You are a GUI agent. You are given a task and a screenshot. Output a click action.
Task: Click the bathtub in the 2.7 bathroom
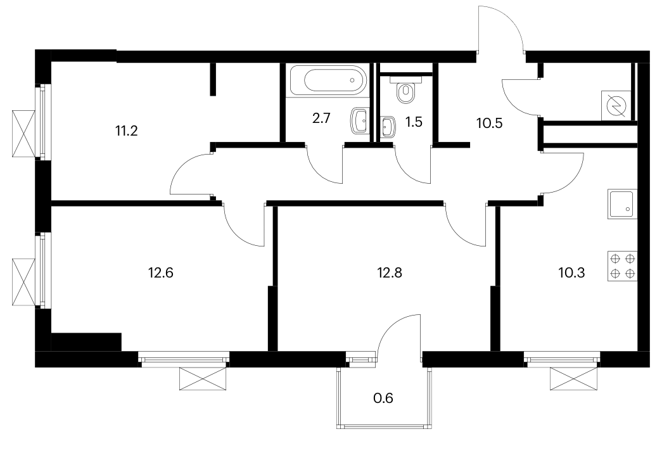(x=328, y=80)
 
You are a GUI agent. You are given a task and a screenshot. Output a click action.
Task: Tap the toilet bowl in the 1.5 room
(x=405, y=91)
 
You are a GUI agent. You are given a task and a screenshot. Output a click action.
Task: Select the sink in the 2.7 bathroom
(x=360, y=121)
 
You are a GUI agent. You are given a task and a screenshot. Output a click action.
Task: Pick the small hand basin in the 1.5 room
(x=388, y=127)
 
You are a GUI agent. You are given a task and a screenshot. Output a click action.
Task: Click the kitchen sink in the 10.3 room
(x=622, y=204)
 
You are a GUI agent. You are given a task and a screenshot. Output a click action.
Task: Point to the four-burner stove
(x=622, y=266)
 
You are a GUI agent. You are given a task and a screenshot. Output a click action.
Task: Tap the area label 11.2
(x=126, y=131)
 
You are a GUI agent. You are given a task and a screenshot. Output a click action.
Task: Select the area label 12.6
(x=160, y=272)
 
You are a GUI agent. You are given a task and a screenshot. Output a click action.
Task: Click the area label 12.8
(x=390, y=272)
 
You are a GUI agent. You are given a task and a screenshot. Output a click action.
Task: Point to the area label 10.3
(x=571, y=272)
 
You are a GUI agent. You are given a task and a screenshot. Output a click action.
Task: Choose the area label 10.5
(x=489, y=124)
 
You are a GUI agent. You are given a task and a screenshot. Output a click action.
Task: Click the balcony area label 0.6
(x=383, y=398)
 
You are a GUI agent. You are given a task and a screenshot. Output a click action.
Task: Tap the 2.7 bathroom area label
(x=321, y=118)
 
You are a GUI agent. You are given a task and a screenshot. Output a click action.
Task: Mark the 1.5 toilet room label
(x=414, y=122)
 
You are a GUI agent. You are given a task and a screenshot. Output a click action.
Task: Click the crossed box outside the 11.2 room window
(x=23, y=134)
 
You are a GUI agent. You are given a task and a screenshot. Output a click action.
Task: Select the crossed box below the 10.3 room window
(x=574, y=378)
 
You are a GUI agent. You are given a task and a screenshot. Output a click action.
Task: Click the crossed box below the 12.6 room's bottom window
(x=202, y=378)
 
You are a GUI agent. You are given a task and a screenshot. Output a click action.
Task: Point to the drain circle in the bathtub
(x=352, y=80)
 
